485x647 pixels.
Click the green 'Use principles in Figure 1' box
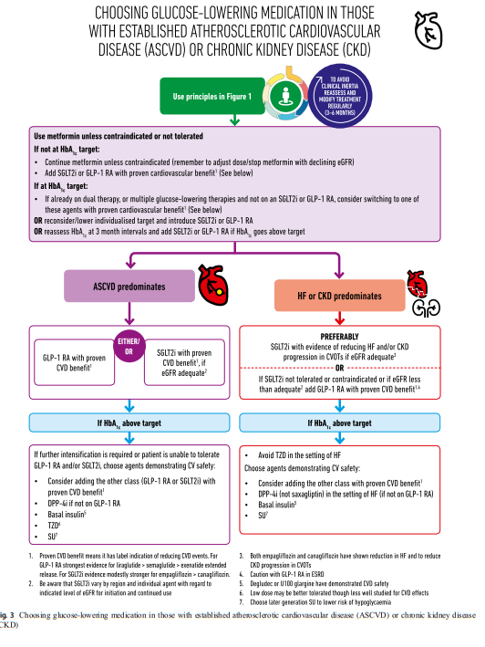[212, 96]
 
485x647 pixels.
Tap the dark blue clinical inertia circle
[340, 96]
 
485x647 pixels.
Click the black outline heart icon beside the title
[428, 30]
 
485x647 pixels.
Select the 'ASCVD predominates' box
[129, 286]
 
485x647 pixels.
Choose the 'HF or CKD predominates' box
[339, 296]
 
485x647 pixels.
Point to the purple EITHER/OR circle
[129, 346]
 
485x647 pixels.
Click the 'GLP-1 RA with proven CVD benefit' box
[74, 362]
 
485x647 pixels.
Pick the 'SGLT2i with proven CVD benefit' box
[184, 362]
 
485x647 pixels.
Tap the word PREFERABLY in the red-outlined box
[339, 337]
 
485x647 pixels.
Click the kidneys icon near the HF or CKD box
[427, 308]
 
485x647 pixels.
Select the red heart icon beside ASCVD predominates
[213, 285]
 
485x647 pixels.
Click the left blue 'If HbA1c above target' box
[129, 423]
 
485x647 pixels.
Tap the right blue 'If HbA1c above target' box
[339, 423]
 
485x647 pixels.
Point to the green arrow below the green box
[234, 120]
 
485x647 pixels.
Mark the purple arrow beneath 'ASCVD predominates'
[129, 313]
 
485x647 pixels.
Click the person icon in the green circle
[284, 96]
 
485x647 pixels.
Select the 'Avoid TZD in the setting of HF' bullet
[293, 455]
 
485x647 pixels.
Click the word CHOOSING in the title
[121, 13]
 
